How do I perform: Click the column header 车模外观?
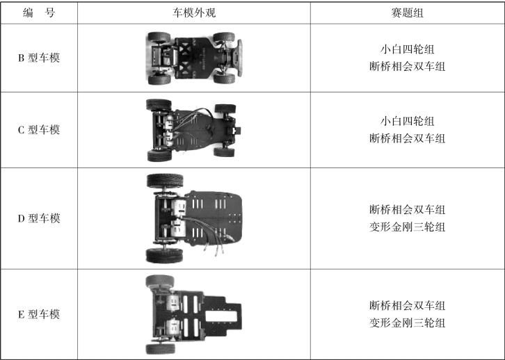pos(194,13)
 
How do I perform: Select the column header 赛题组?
pos(408,13)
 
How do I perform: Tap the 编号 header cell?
pos(39,13)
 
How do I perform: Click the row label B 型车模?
pos(39,58)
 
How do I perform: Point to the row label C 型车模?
pos(39,130)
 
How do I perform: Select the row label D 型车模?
pos(39,218)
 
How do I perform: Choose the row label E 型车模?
pos(39,314)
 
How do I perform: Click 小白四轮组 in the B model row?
pos(408,49)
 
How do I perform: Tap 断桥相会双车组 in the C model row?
pos(408,138)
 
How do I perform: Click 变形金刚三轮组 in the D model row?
pos(408,227)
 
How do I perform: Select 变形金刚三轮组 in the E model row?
pos(408,322)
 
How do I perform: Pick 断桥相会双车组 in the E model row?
pos(408,305)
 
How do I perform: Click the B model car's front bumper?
pos(239,58)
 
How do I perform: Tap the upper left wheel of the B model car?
pos(159,37)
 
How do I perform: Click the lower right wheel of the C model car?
pos(224,152)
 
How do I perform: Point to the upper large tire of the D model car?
pos(165,181)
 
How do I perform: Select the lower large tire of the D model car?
pos(165,256)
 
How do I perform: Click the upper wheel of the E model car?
pos(160,281)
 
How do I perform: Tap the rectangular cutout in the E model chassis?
pos(221,316)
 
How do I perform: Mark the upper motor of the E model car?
pos(173,303)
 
